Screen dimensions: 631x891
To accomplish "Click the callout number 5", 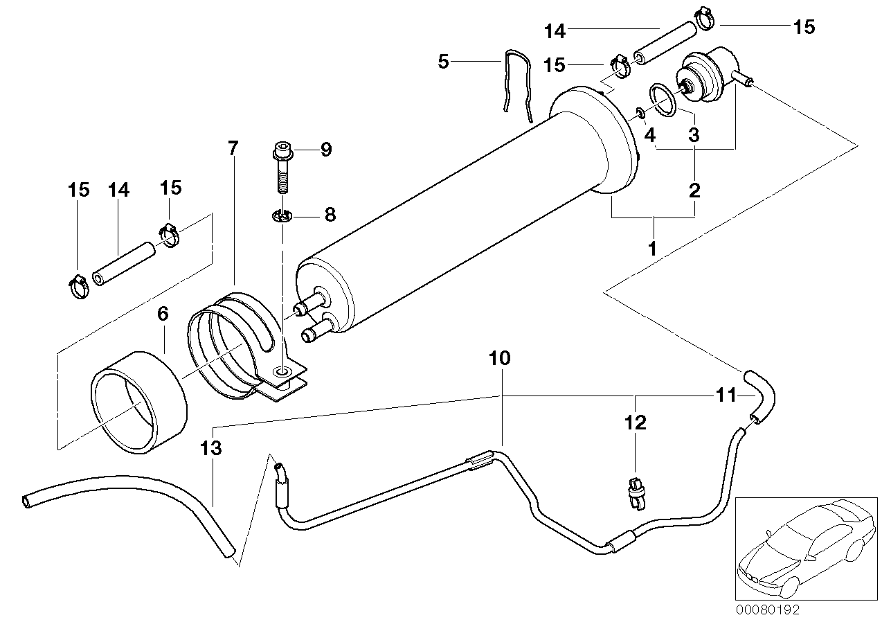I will pos(444,62).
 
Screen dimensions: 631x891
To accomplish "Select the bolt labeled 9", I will pos(282,167).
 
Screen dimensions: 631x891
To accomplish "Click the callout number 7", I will pos(233,148).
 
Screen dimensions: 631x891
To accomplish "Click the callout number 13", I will pos(211,448).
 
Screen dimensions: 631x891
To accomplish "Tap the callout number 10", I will pos(499,359).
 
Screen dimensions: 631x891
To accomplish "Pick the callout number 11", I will pos(726,396).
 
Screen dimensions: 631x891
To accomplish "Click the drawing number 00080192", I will pos(767,611).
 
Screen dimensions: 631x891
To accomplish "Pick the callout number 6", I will pos(163,314).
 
